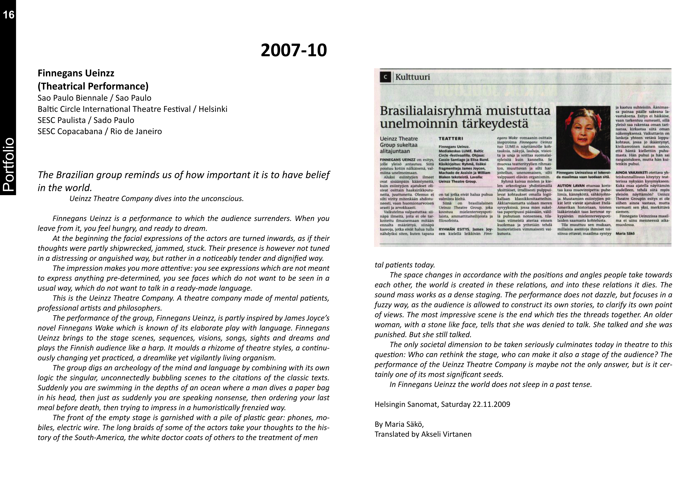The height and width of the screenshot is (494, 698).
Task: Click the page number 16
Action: (9, 15)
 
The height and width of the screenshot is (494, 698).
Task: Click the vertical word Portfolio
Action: (8, 164)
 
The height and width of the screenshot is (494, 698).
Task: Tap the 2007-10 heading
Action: (294, 50)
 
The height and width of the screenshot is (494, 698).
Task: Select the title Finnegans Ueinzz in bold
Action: (76, 73)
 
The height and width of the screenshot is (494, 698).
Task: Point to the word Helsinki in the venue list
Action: (213, 109)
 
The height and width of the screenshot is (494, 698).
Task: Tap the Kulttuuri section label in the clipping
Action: (412, 77)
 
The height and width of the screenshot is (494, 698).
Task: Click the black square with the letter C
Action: (385, 77)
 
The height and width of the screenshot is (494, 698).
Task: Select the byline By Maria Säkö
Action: (399, 424)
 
